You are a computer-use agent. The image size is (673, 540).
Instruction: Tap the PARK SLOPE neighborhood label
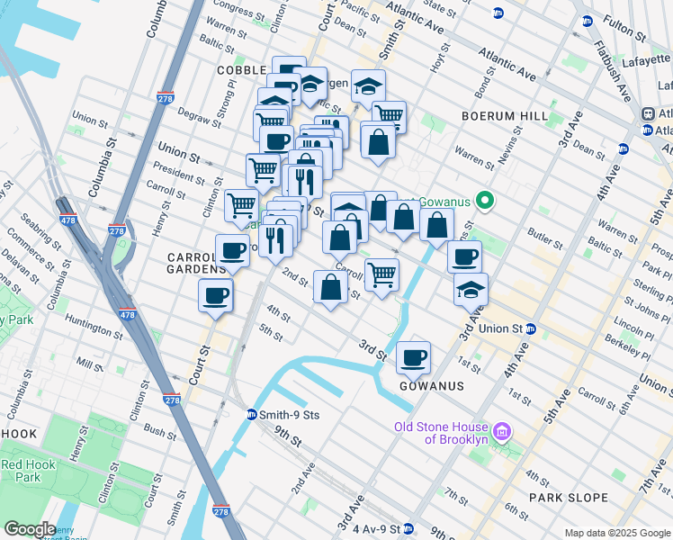(570, 497)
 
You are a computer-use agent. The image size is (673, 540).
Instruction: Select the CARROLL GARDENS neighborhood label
(196, 263)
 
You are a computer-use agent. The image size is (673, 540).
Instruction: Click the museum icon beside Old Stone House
(502, 433)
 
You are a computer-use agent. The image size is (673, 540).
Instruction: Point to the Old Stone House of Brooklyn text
(443, 433)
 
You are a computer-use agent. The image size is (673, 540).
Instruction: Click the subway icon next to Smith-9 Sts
(252, 415)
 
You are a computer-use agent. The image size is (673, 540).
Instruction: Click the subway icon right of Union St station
(532, 328)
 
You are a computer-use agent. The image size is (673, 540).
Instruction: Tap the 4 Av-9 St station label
(373, 528)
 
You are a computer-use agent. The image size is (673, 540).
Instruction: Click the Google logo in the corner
(30, 529)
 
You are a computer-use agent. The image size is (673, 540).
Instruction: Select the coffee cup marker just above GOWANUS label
(413, 357)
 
